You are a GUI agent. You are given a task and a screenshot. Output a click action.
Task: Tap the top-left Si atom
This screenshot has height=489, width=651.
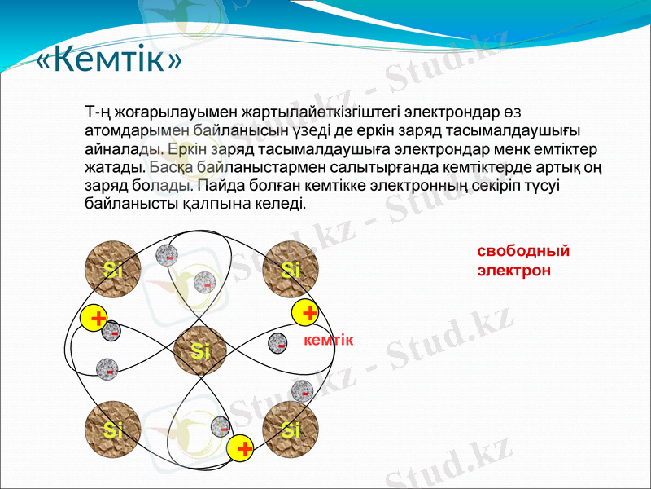click(x=112, y=269)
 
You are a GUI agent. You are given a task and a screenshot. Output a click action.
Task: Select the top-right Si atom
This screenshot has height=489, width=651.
click(x=291, y=269)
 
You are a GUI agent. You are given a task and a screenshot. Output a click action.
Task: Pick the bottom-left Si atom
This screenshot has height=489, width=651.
click(x=112, y=429)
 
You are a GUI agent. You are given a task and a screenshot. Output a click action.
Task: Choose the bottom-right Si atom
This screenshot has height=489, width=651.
click(x=291, y=429)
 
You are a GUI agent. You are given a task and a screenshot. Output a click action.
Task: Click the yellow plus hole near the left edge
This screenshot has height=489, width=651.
click(x=96, y=319)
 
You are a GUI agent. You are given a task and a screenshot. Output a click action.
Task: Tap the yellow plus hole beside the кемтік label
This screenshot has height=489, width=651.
click(x=308, y=313)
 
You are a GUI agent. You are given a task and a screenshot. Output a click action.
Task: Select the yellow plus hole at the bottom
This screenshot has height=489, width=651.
click(x=242, y=447)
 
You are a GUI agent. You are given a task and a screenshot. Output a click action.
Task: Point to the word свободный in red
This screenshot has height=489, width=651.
click(x=522, y=251)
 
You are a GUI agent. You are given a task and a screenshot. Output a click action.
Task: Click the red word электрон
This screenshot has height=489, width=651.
click(x=513, y=270)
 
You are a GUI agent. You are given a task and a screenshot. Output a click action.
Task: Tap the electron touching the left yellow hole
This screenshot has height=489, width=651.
click(x=113, y=331)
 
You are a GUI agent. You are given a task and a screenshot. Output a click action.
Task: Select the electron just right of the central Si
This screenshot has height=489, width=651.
click(x=279, y=344)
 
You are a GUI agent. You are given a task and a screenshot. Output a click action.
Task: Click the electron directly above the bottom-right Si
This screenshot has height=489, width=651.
click(x=303, y=391)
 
